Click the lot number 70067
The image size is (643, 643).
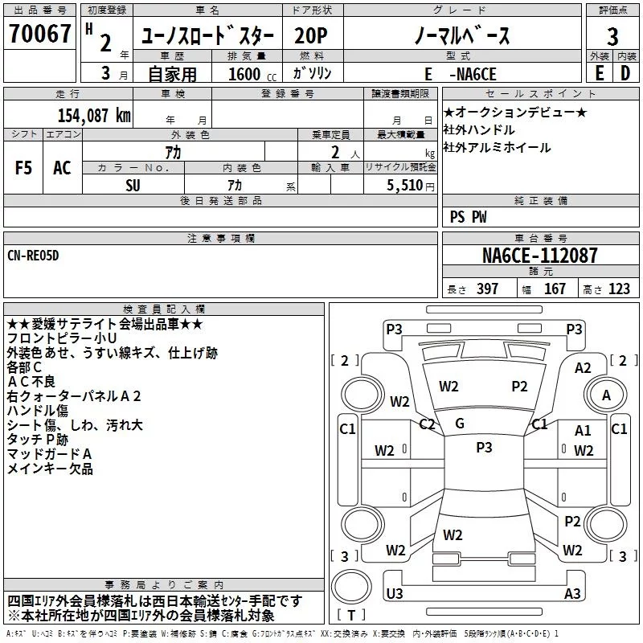[39, 35]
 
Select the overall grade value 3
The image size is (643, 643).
[612, 36]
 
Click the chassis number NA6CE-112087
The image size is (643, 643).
[539, 256]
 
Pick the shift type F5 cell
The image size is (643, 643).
[24, 168]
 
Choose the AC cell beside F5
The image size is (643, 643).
[62, 168]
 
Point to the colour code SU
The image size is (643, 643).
[133, 184]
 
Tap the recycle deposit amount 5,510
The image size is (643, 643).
[399, 184]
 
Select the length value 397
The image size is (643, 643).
[487, 289]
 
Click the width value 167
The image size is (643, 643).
[555, 289]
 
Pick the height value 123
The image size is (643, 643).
[619, 289]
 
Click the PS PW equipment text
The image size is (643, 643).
[469, 217]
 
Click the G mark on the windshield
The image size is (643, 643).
[460, 424]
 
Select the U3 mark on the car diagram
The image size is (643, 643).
[395, 593]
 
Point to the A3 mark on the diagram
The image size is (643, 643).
[572, 594]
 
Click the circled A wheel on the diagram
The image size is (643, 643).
[606, 395]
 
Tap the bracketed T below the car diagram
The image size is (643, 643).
[350, 616]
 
